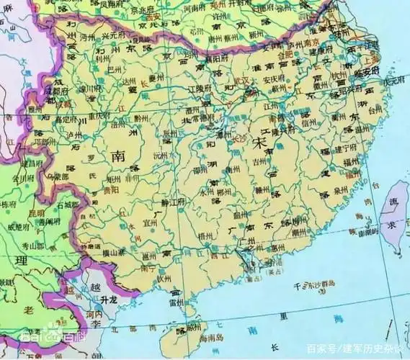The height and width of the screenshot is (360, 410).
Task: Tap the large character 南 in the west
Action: pyautogui.click(x=118, y=156)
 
